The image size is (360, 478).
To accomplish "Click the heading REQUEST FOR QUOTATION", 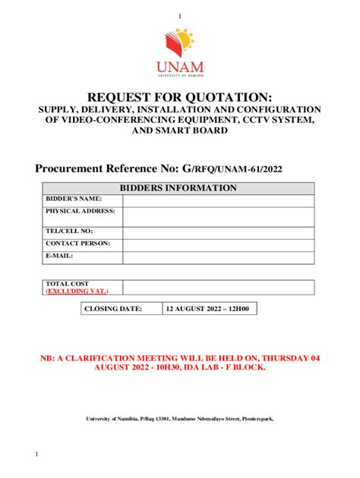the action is [x=180, y=96].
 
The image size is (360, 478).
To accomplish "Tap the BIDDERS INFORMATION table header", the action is [x=180, y=188].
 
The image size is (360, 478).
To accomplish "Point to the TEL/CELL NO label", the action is [x=69, y=231].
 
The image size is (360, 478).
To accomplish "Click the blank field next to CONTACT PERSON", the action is [x=218, y=244].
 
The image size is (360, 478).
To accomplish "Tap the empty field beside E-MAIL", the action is [x=218, y=256].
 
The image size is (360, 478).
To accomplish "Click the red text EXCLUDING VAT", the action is [x=77, y=291].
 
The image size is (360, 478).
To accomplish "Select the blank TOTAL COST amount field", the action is [x=218, y=287].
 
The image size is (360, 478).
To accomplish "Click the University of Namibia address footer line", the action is [x=180, y=418].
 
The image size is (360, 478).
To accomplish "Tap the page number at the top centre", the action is [x=180, y=17].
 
